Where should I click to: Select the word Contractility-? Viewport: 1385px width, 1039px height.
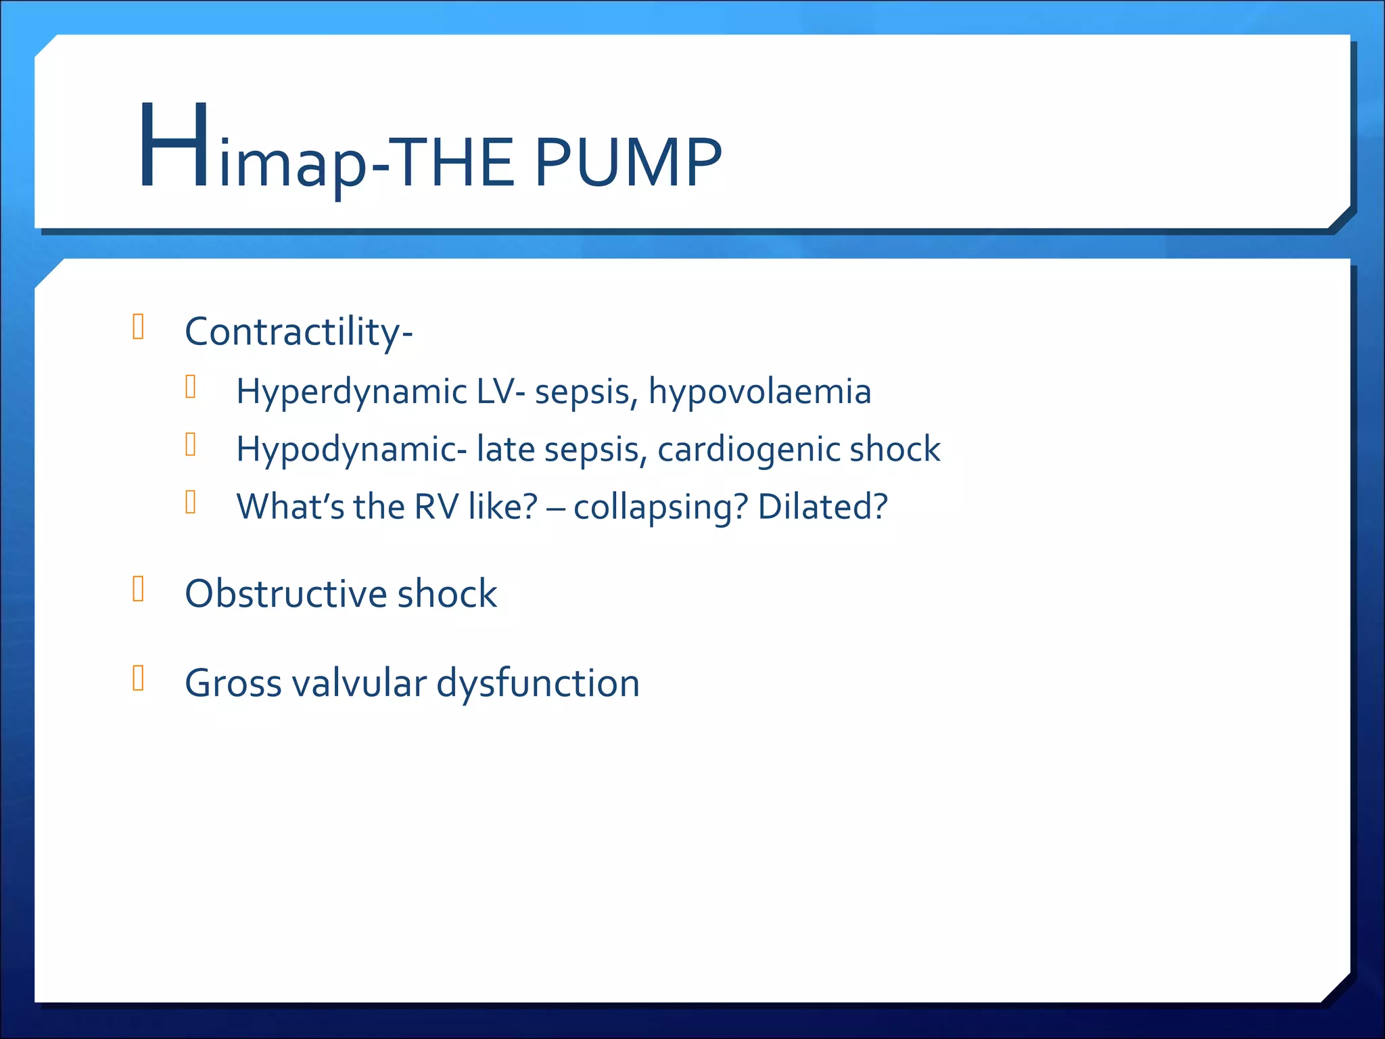pos(298,332)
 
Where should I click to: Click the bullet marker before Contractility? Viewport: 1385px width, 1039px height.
pos(139,327)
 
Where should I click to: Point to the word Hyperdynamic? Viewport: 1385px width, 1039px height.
pos(351,392)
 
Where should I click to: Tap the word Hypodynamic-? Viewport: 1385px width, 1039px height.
pos(351,450)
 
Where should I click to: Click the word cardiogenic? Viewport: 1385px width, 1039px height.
pos(749,450)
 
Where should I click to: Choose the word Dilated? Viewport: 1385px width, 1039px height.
pos(822,507)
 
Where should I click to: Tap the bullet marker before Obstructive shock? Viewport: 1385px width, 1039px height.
pos(139,589)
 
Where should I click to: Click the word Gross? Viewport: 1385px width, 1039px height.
pos(233,683)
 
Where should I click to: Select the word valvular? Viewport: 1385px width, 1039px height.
pos(359,683)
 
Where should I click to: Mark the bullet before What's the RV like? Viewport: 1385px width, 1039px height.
pos(191,502)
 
